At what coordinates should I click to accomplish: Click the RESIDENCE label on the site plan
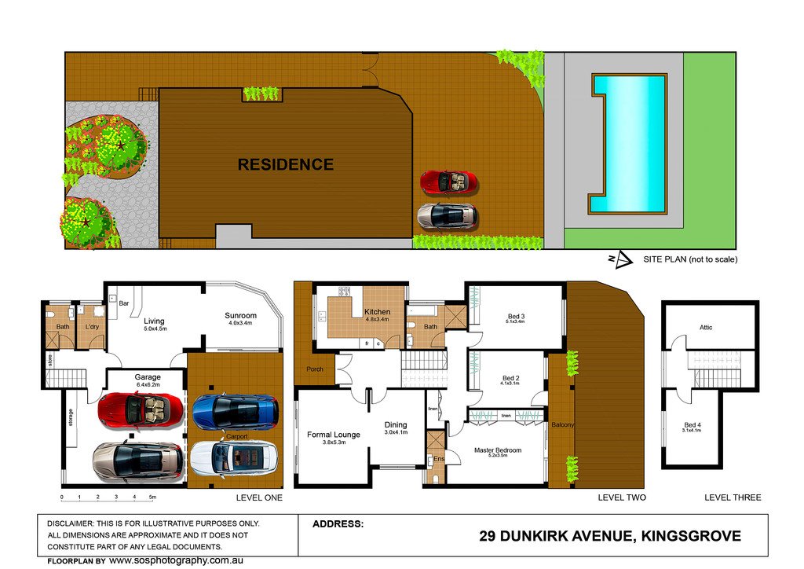(285, 165)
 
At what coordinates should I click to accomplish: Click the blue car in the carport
(236, 409)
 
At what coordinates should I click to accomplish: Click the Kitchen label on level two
(378, 312)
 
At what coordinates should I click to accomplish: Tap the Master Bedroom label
(498, 450)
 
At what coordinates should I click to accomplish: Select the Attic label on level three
(706, 328)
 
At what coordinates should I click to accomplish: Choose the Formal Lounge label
(333, 435)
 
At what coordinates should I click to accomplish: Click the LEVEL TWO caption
(621, 497)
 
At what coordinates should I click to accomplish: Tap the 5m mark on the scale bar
(153, 497)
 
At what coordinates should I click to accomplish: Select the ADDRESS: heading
(338, 523)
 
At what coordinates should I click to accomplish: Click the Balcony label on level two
(562, 425)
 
